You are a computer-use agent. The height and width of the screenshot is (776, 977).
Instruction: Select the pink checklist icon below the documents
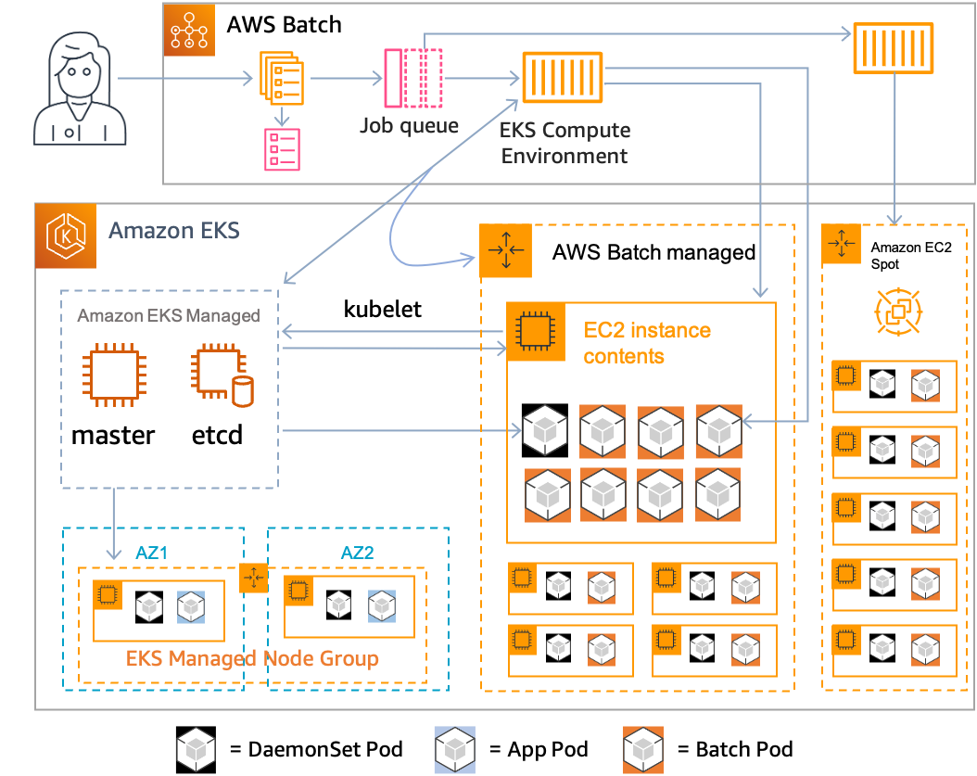282,149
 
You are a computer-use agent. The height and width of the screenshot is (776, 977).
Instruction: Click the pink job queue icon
413,77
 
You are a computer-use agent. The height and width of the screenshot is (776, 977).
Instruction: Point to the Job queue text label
409,124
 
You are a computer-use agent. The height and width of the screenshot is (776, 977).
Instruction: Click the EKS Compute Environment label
565,143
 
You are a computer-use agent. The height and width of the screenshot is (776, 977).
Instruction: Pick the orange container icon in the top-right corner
893,48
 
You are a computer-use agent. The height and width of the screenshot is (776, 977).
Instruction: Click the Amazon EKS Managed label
168,316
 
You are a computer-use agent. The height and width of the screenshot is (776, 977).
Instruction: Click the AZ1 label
150,553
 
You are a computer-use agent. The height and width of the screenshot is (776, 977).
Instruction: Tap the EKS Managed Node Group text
252,659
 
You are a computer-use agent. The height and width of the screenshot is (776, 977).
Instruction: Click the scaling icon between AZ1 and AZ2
253,578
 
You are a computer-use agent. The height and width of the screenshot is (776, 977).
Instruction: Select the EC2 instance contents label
647,343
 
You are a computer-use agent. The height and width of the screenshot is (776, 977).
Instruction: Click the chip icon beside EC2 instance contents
532,330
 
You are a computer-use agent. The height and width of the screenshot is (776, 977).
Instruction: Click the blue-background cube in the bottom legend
454,749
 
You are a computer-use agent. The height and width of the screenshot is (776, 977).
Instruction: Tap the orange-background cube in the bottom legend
643,749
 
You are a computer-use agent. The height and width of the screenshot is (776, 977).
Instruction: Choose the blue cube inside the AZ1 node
190,605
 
